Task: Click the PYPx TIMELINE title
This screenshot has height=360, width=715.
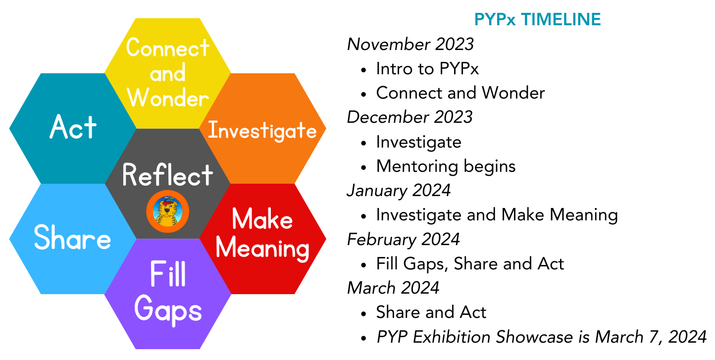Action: click(537, 20)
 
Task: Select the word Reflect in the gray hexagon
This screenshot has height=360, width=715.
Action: click(168, 175)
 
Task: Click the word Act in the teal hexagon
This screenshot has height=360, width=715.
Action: click(73, 128)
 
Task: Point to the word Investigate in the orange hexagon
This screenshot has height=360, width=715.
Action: click(262, 131)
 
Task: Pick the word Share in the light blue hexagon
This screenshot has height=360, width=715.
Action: click(72, 238)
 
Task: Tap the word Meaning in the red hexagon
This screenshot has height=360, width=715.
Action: click(262, 248)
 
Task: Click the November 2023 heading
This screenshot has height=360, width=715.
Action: click(410, 45)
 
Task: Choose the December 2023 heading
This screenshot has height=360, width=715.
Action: click(410, 117)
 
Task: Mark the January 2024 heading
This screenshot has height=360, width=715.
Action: click(399, 190)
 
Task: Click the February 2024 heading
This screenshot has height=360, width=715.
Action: click(404, 239)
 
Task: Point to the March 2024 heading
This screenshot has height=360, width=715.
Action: click(393, 288)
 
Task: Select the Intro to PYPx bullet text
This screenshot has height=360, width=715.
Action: click(427, 69)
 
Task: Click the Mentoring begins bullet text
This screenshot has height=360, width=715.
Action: click(446, 166)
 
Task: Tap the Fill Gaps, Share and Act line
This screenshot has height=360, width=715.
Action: click(470, 263)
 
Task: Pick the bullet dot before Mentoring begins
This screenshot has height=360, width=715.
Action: click(364, 167)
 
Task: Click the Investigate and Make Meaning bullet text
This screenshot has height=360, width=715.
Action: click(497, 215)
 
